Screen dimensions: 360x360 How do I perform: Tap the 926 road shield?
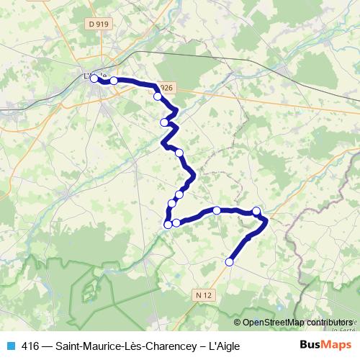(x=165, y=88)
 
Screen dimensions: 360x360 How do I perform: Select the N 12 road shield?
(x=204, y=294)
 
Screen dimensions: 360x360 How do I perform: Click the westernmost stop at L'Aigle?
(x=94, y=78)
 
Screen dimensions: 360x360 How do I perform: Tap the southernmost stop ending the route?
(x=230, y=262)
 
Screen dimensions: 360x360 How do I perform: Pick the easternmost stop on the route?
(x=256, y=211)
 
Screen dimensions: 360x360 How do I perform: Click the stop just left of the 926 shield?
(x=157, y=96)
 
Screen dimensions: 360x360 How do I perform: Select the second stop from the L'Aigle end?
(x=114, y=81)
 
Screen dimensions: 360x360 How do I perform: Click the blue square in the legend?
(x=11, y=345)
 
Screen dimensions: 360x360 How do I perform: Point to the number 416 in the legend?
(x=31, y=345)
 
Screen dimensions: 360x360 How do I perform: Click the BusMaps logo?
(x=325, y=344)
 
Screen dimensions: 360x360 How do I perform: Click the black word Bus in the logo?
(x=310, y=344)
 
